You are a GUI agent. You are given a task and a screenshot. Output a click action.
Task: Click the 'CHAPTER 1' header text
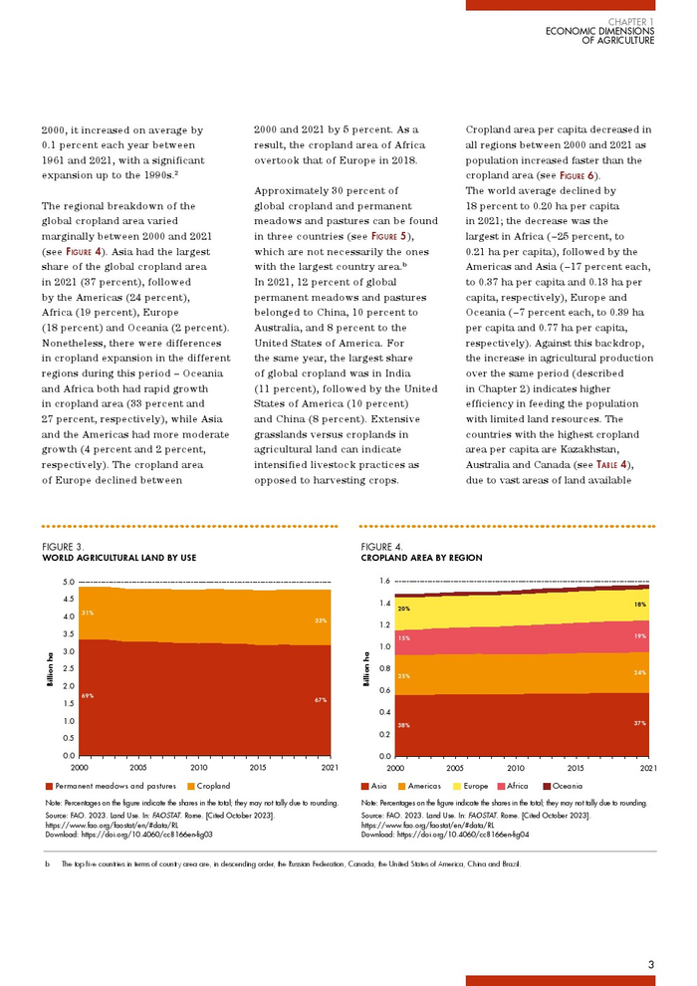(x=631, y=21)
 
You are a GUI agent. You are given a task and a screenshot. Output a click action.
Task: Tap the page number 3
(x=650, y=963)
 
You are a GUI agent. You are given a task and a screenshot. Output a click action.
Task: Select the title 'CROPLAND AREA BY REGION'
(x=421, y=558)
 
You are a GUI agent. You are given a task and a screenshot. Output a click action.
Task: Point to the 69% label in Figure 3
(x=88, y=695)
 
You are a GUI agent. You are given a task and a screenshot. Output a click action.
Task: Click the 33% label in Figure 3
(x=321, y=620)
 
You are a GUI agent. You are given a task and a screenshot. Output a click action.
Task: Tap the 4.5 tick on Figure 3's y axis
(x=68, y=600)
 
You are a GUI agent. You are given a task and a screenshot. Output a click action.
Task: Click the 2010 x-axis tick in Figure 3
(x=199, y=768)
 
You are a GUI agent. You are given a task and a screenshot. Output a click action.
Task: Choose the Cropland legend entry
(x=213, y=786)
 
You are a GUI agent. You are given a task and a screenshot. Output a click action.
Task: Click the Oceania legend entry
(x=567, y=786)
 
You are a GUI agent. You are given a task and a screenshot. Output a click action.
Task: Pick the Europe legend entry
(x=476, y=786)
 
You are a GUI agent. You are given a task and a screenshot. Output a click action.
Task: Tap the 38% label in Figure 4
(x=403, y=725)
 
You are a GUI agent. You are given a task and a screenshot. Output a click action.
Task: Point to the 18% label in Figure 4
(x=639, y=605)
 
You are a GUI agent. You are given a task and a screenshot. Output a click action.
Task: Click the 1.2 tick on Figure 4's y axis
(x=384, y=624)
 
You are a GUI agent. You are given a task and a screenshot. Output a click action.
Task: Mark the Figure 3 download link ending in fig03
(x=129, y=834)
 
